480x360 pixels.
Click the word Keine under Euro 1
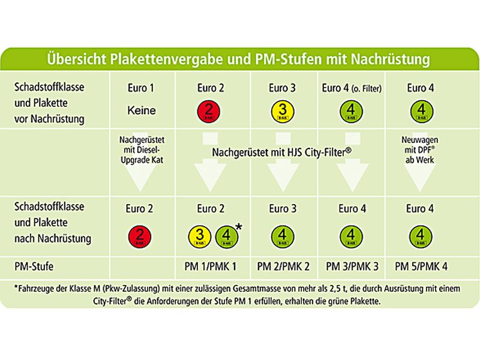[142, 111]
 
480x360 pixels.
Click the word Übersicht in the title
[77, 60]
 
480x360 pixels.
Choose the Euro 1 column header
[142, 88]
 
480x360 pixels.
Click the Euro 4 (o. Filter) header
[352, 88]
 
